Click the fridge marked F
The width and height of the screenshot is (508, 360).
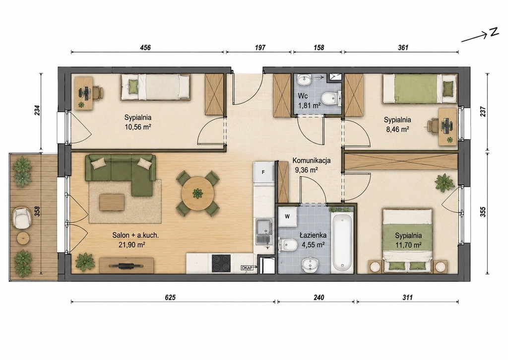point(264,172)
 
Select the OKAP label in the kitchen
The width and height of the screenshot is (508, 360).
point(247,268)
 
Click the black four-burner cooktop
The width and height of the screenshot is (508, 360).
point(221,263)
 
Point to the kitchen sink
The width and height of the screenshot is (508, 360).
point(264,231)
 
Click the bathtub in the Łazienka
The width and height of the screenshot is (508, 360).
point(342,243)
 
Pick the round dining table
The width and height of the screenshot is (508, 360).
point(197,193)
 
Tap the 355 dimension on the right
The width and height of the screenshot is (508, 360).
point(483,212)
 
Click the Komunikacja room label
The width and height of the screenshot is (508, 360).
point(312,160)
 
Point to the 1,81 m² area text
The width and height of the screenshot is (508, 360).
point(310,105)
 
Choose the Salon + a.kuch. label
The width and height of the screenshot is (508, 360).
point(135,236)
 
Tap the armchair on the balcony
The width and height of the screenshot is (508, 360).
point(21,218)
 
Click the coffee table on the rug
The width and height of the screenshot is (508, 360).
point(112,203)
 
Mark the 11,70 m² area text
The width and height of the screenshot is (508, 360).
point(408,245)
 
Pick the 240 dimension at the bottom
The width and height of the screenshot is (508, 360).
point(319,297)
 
